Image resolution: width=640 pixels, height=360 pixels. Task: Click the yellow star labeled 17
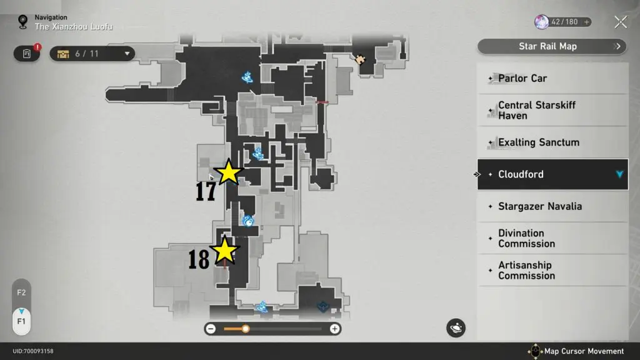(x=229, y=172)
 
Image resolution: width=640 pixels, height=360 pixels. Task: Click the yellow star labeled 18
(x=224, y=251)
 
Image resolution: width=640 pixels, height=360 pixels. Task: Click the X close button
(x=621, y=22)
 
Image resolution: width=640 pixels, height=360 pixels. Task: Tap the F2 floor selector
(x=21, y=292)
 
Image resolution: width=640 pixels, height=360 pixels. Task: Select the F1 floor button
(x=21, y=321)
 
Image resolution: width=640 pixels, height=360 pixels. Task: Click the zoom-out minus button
(x=211, y=329)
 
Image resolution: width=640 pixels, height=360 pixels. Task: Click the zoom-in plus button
(x=335, y=329)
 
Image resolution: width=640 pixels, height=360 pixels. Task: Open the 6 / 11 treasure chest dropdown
(x=92, y=54)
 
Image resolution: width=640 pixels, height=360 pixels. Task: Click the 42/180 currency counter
(x=562, y=22)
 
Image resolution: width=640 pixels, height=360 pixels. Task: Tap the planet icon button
(x=456, y=327)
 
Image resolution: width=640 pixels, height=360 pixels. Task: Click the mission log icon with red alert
(x=27, y=54)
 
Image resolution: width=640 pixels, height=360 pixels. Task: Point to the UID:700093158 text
(x=33, y=351)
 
